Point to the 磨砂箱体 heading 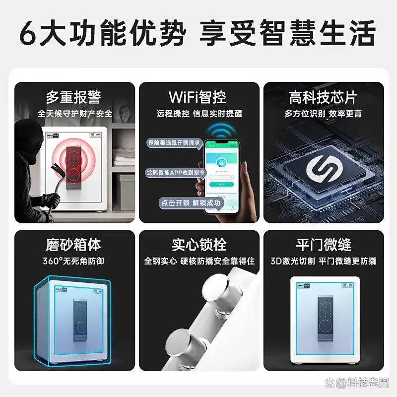click(x=74, y=245)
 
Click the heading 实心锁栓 click(x=198, y=245)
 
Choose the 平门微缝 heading click(x=323, y=245)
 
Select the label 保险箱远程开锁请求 click(x=174, y=142)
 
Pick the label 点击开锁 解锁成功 click(x=191, y=202)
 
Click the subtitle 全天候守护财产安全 click(x=74, y=114)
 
